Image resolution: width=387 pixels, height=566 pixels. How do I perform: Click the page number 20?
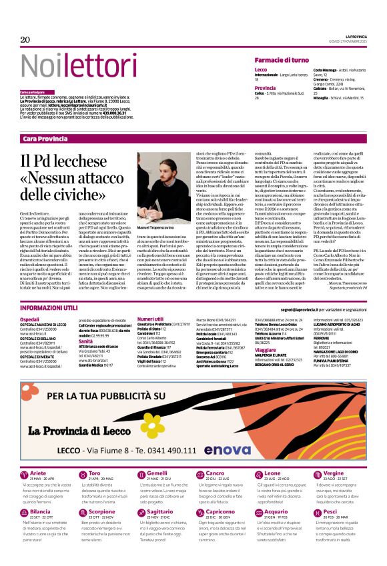click(x=25, y=40)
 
